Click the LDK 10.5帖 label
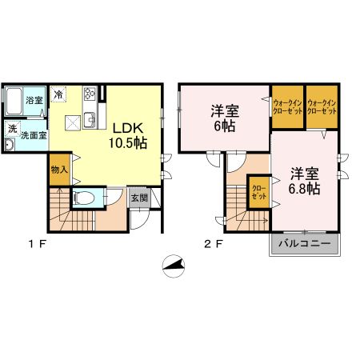click(128, 136)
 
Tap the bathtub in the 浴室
click(14, 102)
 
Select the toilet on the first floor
click(84, 198)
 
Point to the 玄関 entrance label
click(139, 198)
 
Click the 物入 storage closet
click(60, 170)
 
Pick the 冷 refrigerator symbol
click(58, 94)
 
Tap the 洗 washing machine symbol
click(12, 129)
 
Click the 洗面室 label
click(34, 135)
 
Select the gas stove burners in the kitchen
click(90, 94)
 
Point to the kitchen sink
click(90, 120)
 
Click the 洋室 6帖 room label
click(225, 119)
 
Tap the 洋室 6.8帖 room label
click(304, 182)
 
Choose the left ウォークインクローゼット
click(287, 106)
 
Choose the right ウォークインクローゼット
click(322, 106)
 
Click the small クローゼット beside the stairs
click(259, 192)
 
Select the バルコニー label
click(305, 243)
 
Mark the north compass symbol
click(174, 266)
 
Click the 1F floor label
click(38, 244)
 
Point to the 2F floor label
click(214, 244)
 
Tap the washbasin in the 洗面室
click(10, 145)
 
